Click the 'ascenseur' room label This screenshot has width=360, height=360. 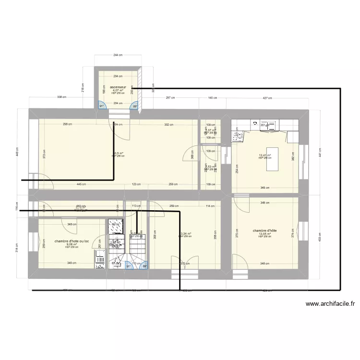(x=118, y=87)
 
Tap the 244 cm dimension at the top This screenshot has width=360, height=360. (x=118, y=55)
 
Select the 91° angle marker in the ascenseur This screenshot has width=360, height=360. (x=102, y=107)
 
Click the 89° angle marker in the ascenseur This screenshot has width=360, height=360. (x=135, y=107)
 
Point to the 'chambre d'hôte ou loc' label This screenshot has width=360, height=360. (x=72, y=241)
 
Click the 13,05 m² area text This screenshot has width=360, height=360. (x=264, y=234)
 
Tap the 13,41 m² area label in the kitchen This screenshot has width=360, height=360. (x=264, y=155)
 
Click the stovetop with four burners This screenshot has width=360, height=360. (x=238, y=136)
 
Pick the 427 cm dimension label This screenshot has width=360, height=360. (x=267, y=98)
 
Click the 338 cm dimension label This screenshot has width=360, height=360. (x=61, y=97)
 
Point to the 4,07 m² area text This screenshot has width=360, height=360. (x=118, y=90)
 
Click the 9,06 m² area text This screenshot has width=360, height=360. (x=72, y=244)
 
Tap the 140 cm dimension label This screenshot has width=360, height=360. (x=211, y=98)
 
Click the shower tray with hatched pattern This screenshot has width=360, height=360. (x=115, y=224)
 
